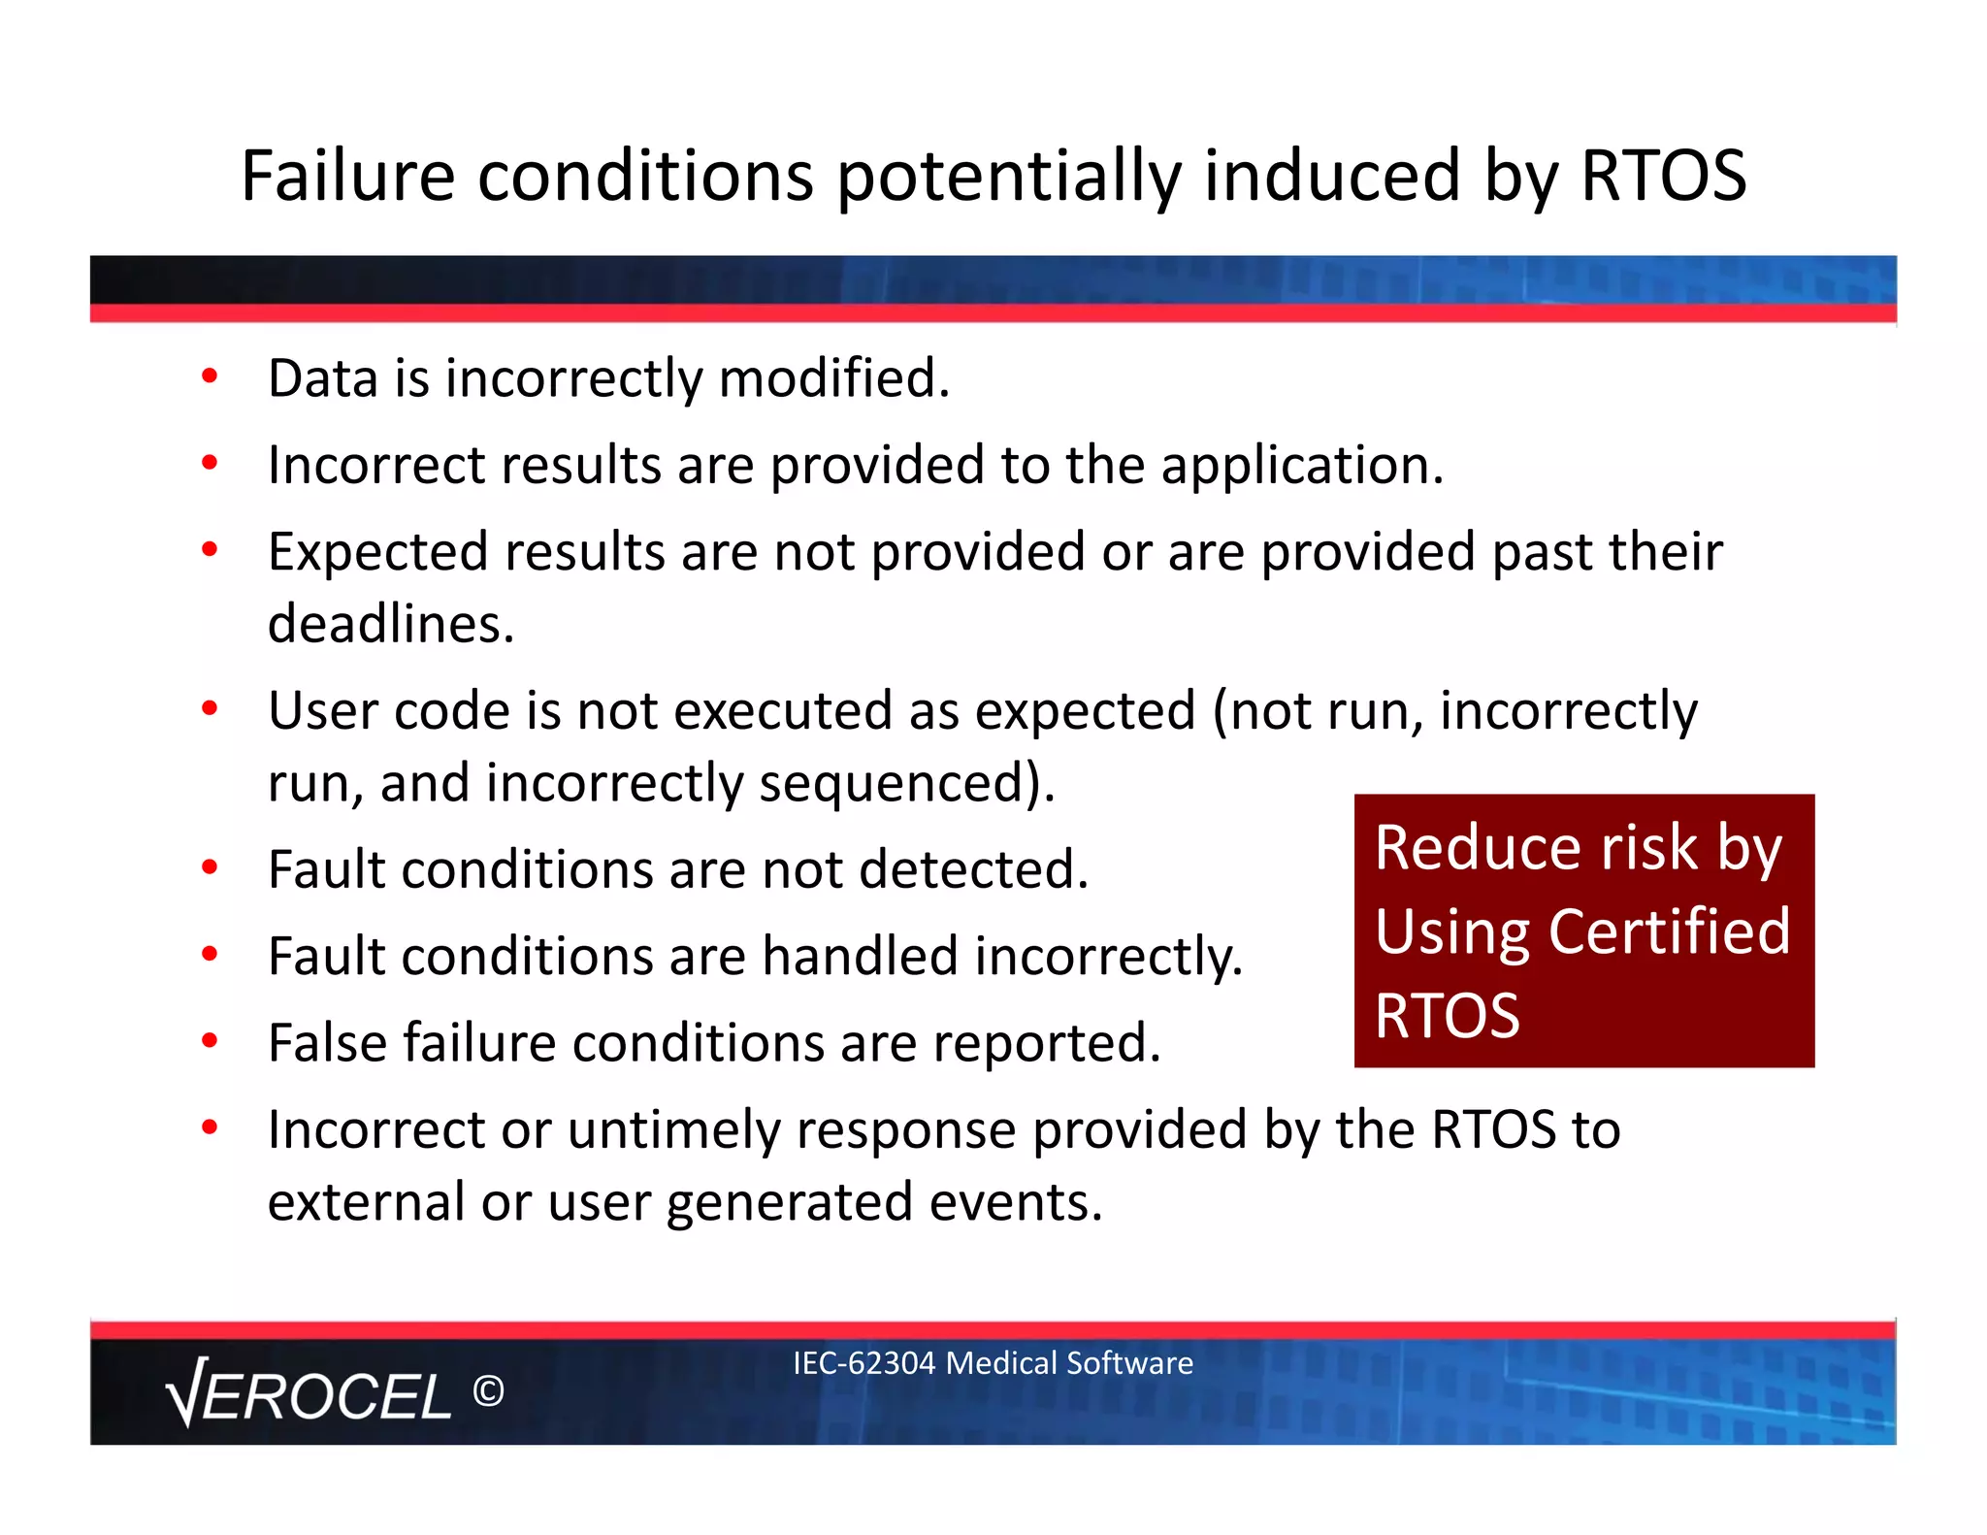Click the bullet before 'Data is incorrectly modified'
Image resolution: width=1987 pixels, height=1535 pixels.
click(210, 376)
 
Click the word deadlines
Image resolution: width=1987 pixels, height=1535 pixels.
click(390, 624)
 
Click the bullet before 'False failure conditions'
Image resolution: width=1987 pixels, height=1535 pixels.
click(210, 1041)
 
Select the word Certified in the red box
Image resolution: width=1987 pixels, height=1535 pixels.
click(1669, 931)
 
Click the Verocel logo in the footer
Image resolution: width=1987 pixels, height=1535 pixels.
click(309, 1394)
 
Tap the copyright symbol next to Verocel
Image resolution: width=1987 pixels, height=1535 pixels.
click(488, 1392)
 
